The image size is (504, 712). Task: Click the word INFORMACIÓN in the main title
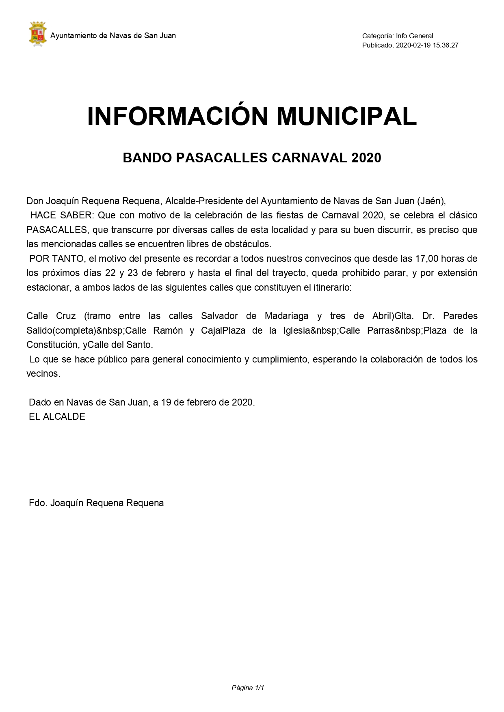177,117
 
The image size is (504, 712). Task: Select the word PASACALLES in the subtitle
221,158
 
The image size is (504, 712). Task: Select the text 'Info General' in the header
415,36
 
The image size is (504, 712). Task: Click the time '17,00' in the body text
426,259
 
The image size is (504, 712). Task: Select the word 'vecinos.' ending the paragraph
43,373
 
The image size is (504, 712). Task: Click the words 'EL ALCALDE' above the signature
57,416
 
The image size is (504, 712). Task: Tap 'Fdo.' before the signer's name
39,503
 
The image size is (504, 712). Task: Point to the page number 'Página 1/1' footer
248,688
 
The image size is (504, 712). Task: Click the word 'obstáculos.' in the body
247,244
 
